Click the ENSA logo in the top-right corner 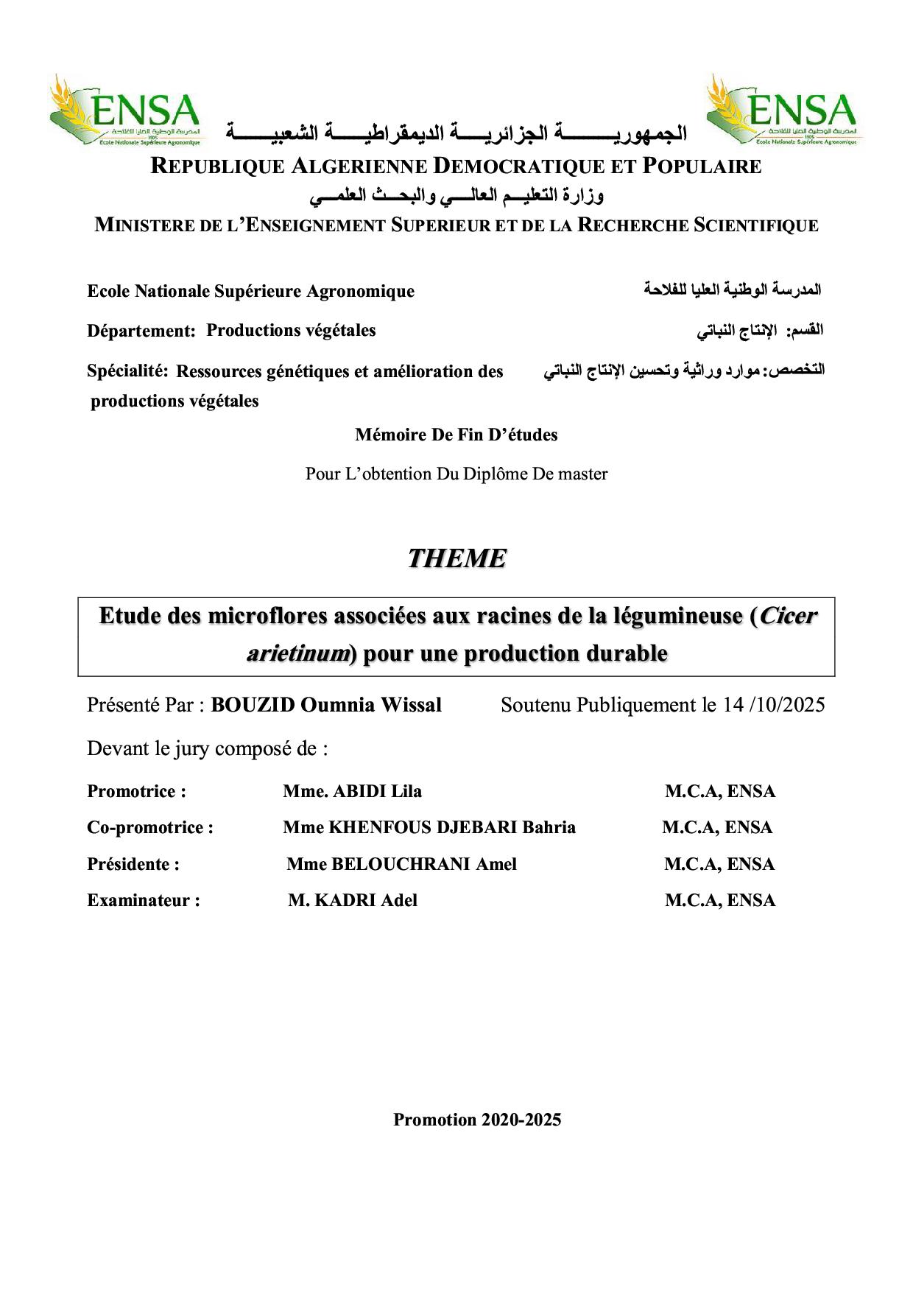pyautogui.click(x=782, y=111)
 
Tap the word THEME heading pyautogui.click(x=456, y=558)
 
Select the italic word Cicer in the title pyautogui.click(x=788, y=616)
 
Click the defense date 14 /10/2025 pyautogui.click(x=774, y=705)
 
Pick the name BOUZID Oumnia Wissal pyautogui.click(x=326, y=705)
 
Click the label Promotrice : pyautogui.click(x=136, y=792)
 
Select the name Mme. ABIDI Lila pyautogui.click(x=352, y=792)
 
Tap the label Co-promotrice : pyautogui.click(x=150, y=827)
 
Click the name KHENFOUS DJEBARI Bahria pyautogui.click(x=451, y=827)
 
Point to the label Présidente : pyautogui.click(x=133, y=864)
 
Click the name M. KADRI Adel pyautogui.click(x=353, y=900)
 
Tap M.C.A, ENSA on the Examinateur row pyautogui.click(x=720, y=900)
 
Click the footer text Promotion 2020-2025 pyautogui.click(x=477, y=1120)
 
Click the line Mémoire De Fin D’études pyautogui.click(x=456, y=435)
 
